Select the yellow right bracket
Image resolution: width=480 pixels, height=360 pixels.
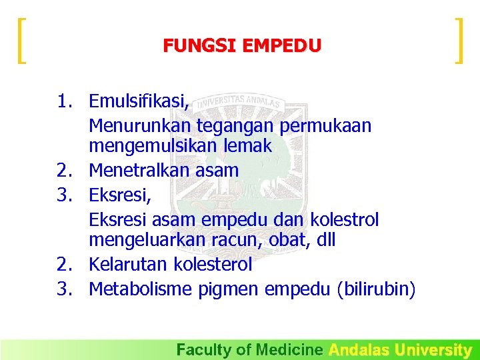[x=458, y=41]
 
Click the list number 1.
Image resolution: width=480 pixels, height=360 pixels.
[x=65, y=102]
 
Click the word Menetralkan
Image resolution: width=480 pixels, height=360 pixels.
[x=140, y=171]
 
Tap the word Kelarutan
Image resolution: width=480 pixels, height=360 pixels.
[x=129, y=265]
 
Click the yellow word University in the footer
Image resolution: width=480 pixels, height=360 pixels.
[x=433, y=349]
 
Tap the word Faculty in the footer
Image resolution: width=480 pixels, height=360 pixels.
[x=199, y=349]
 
